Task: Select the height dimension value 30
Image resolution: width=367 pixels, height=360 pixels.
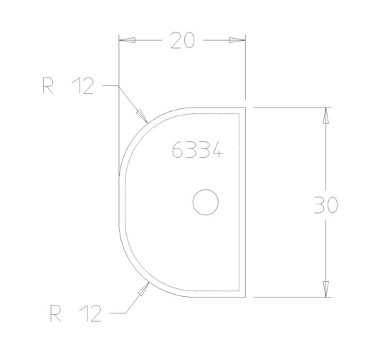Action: click(x=326, y=205)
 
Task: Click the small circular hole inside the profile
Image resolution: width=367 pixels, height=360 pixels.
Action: click(x=206, y=203)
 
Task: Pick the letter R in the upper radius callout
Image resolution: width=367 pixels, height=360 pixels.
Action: click(x=47, y=87)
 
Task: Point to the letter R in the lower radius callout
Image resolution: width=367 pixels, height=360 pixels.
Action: click(x=55, y=313)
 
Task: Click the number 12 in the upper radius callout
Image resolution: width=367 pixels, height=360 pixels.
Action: click(x=82, y=87)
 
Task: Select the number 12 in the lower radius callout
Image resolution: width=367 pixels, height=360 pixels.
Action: click(x=90, y=313)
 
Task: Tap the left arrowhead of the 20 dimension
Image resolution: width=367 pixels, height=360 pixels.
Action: click(x=125, y=40)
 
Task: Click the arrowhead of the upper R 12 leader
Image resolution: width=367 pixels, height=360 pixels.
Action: click(x=140, y=115)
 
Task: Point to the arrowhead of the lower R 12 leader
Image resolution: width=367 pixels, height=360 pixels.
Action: click(x=145, y=288)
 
